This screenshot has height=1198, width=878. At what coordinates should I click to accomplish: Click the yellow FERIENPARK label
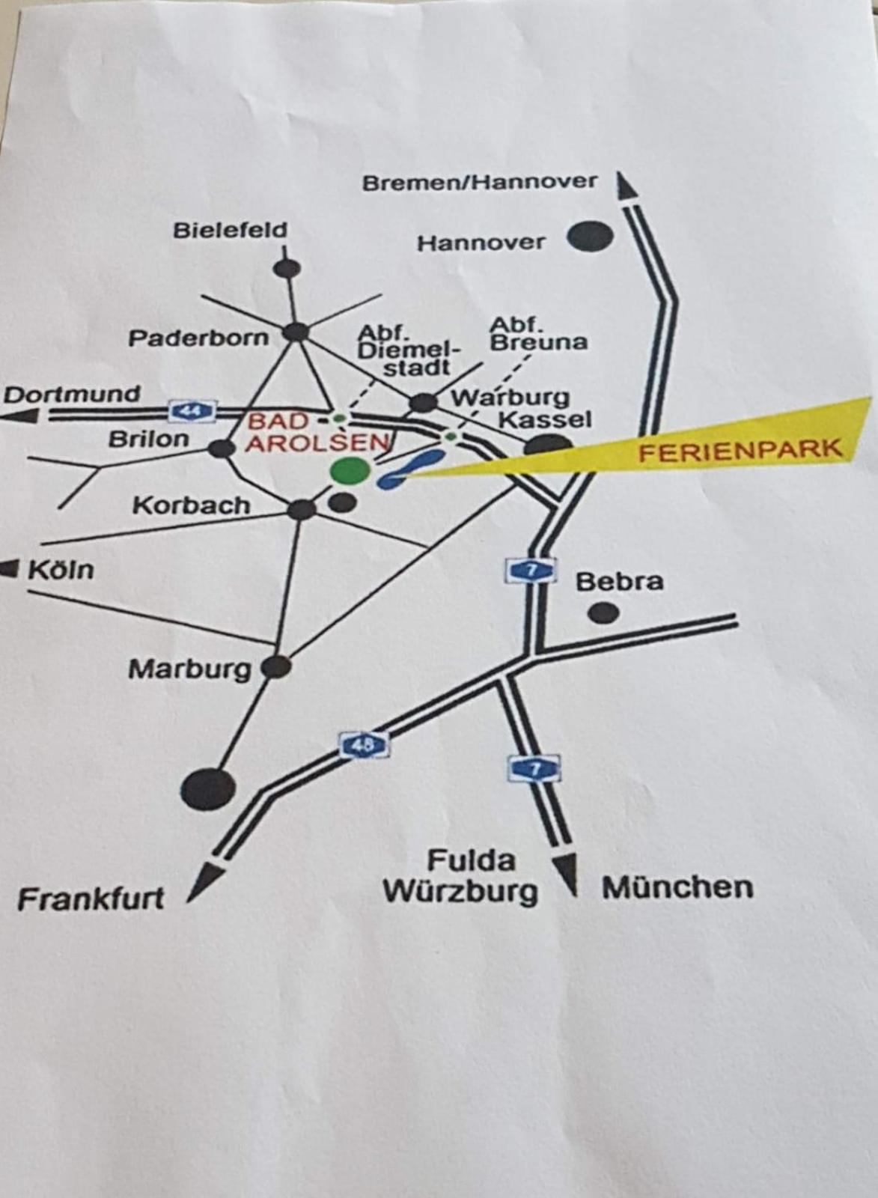[x=740, y=450]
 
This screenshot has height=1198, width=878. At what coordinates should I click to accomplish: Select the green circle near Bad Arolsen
[x=350, y=470]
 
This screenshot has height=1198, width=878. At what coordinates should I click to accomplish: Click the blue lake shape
[x=410, y=469]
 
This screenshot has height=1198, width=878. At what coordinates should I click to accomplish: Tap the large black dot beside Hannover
[x=590, y=237]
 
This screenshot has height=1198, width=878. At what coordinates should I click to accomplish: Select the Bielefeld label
[x=230, y=230]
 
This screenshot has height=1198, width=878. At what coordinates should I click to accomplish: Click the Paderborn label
[x=198, y=338]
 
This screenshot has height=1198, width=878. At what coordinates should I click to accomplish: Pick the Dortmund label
[x=73, y=394]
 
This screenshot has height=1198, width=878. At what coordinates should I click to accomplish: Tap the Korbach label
[x=192, y=505]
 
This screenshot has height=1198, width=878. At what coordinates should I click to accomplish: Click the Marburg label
[x=190, y=669]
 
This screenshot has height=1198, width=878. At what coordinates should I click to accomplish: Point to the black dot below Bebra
[x=603, y=613]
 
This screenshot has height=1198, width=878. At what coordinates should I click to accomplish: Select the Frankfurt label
[x=91, y=898]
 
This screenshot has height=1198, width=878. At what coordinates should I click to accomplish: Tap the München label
[x=677, y=888]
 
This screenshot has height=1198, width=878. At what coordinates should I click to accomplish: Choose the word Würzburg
[x=460, y=891]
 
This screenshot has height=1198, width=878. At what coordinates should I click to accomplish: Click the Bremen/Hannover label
[x=480, y=182]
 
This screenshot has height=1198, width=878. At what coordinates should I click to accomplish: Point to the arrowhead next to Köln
[x=10, y=569]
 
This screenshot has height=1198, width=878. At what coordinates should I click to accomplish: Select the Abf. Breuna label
[x=538, y=334]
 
